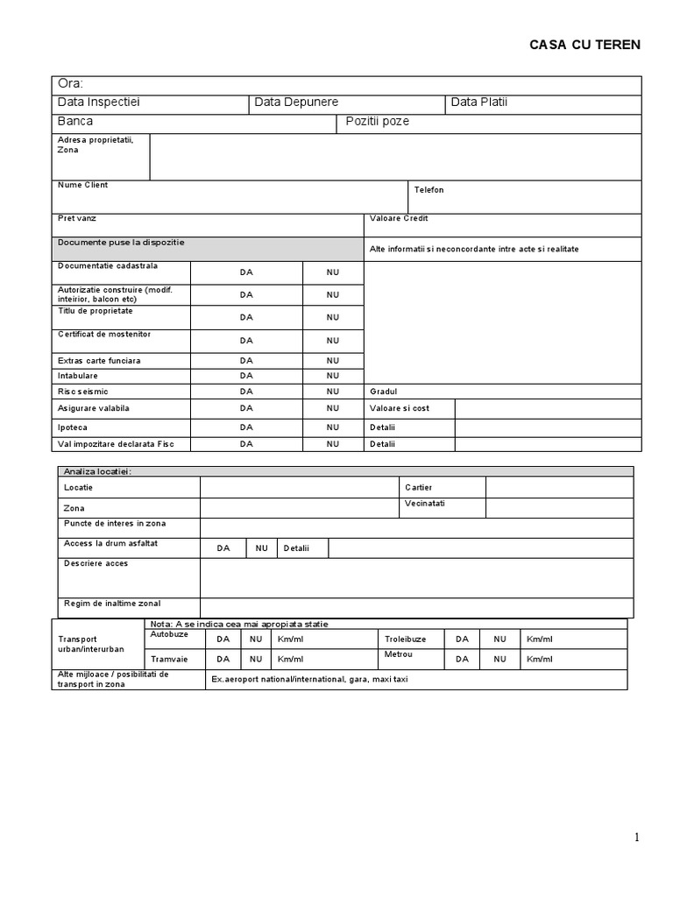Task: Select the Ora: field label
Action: coord(71,84)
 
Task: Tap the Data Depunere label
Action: coord(296,102)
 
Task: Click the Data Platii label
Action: coord(478,102)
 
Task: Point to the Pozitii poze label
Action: coord(377,122)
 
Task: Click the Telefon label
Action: coord(429,190)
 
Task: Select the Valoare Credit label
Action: coord(399,218)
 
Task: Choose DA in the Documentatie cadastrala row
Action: coord(246,272)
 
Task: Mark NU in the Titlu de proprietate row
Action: coord(333,317)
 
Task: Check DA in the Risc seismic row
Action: coord(246,392)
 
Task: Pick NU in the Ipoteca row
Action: coord(333,427)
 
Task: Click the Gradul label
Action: coord(383,392)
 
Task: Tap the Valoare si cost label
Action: coord(399,408)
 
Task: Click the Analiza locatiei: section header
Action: coord(97,471)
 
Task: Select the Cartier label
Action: coord(418,487)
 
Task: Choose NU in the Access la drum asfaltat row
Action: coord(261,548)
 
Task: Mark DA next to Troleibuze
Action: coord(461,639)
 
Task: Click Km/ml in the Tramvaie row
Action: coord(290,660)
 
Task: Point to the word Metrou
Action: coord(397,654)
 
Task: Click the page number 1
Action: coord(637,837)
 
